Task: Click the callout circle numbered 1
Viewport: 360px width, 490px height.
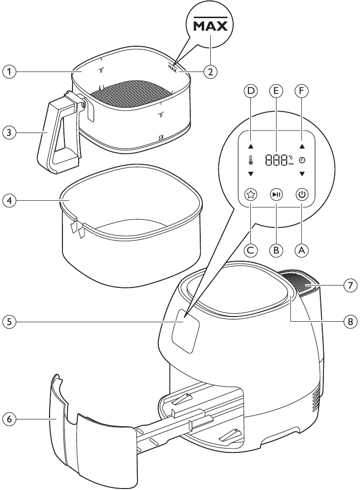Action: click(x=9, y=72)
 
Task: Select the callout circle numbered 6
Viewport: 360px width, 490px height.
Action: click(x=9, y=419)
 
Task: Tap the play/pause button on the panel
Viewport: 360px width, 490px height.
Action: click(x=276, y=194)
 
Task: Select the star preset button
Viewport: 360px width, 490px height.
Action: click(x=250, y=194)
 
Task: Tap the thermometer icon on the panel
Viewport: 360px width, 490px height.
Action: click(x=250, y=161)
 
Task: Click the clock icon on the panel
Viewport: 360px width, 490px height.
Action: click(x=301, y=161)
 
